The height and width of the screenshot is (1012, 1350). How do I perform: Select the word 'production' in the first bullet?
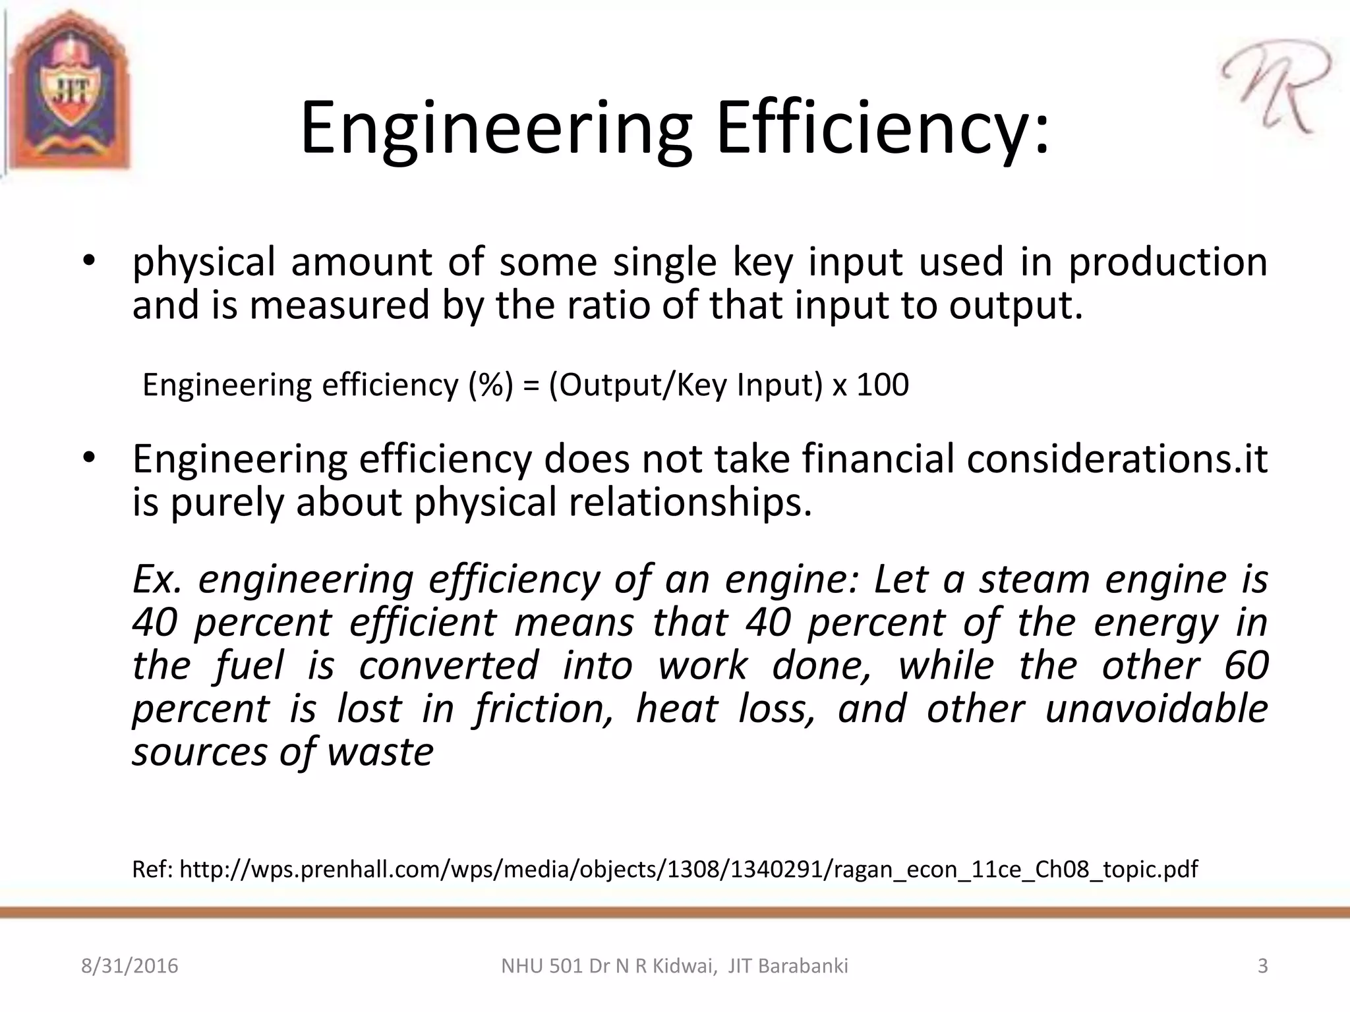coord(1167,262)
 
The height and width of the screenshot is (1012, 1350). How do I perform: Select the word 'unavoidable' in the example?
coord(1157,709)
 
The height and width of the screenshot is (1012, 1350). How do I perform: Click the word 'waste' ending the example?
coord(380,752)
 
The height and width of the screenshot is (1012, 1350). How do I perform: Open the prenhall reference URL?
coord(688,870)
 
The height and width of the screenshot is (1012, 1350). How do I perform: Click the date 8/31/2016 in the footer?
coord(130,966)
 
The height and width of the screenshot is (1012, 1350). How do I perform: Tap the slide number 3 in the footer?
coord(1262,966)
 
